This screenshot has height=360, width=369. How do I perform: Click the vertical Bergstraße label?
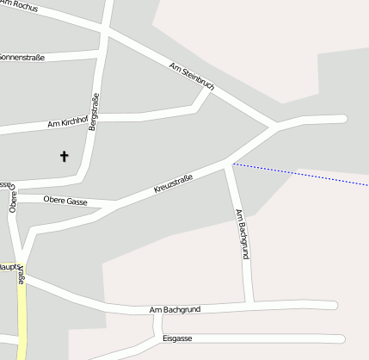(95, 112)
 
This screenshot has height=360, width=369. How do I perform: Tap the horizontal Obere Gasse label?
(65, 201)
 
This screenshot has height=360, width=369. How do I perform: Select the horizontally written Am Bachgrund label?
(175, 309)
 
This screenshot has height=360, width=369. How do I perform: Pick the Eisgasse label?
(177, 338)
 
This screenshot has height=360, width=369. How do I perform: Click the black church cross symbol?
(64, 156)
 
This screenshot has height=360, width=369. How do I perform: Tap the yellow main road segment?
(22, 310)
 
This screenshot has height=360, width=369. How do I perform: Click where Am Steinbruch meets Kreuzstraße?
(274, 127)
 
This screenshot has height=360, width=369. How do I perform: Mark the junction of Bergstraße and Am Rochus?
(105, 34)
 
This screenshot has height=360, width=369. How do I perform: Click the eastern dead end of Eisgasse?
(341, 338)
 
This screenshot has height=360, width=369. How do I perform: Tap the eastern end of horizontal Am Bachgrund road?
(334, 305)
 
